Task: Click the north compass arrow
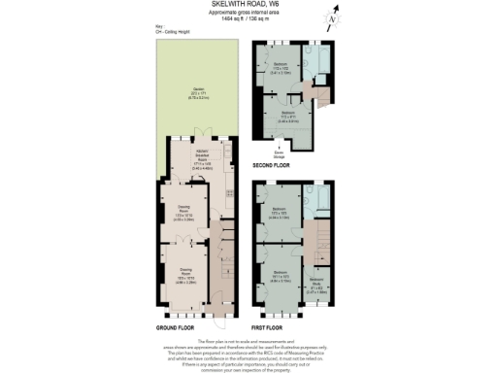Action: (x=333, y=17)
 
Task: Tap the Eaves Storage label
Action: (x=277, y=153)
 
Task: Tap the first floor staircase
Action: (x=316, y=238)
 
